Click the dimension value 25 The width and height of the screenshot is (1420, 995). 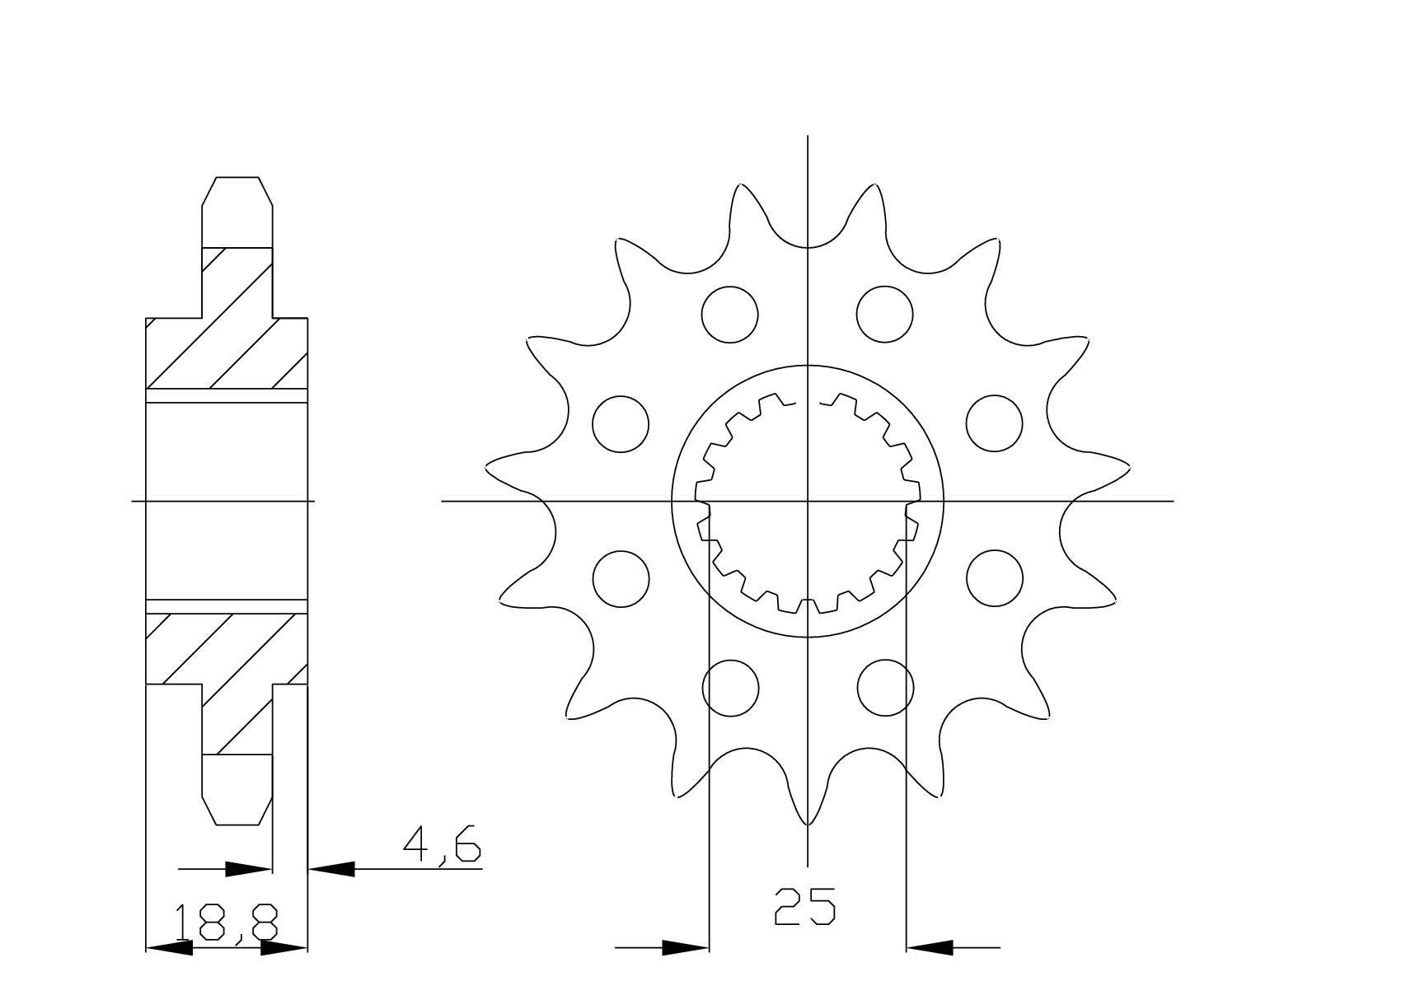(x=804, y=906)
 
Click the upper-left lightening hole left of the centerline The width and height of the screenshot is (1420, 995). (x=730, y=314)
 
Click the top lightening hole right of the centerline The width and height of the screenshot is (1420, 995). (x=884, y=314)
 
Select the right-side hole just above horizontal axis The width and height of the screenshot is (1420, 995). (x=994, y=423)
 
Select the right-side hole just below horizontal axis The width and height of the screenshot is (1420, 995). (x=994, y=578)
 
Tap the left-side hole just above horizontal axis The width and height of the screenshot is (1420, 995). (x=621, y=423)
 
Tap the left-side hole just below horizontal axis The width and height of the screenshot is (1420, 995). (x=621, y=578)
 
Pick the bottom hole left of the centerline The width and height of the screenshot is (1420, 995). (x=730, y=687)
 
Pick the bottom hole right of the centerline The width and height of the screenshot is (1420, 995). (x=885, y=687)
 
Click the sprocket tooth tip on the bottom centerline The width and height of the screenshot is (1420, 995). (x=808, y=823)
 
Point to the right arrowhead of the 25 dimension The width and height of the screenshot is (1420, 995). (x=929, y=947)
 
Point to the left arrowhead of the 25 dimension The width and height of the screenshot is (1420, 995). (x=686, y=947)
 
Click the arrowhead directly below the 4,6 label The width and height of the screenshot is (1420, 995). (x=331, y=868)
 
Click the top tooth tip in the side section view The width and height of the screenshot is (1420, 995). (x=237, y=180)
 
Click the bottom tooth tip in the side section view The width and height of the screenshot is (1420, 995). (x=237, y=821)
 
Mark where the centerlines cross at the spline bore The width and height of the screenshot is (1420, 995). (x=808, y=500)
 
